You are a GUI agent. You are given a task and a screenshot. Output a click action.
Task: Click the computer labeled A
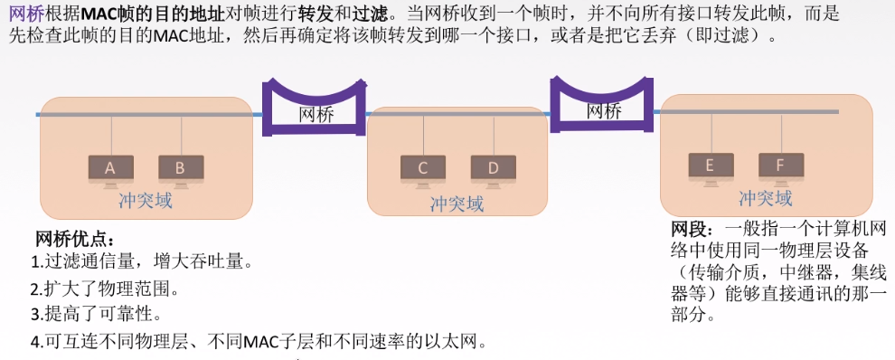click(110, 168)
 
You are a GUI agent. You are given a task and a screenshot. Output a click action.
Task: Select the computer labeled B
click(181, 168)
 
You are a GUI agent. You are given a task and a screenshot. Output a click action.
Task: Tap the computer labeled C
click(422, 169)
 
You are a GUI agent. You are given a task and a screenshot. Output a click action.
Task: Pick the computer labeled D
click(493, 169)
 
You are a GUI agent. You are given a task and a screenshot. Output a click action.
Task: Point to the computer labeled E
click(710, 166)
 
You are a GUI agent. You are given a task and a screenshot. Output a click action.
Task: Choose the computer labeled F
click(780, 166)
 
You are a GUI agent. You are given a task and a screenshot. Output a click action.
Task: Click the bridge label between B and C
click(316, 115)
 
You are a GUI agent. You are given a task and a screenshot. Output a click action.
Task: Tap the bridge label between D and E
click(604, 111)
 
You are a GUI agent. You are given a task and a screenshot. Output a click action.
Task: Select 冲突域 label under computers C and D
click(457, 204)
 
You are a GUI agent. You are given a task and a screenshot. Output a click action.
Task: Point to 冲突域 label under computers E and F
click(765, 198)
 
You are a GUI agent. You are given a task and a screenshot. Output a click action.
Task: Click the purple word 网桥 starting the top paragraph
click(24, 14)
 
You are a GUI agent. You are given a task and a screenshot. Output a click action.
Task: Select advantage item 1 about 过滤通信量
click(141, 263)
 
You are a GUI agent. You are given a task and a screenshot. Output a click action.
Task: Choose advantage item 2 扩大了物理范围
click(106, 289)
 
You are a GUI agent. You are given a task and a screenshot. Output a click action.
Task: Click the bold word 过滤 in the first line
click(367, 14)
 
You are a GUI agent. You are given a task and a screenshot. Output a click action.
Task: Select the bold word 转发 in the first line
click(313, 14)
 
